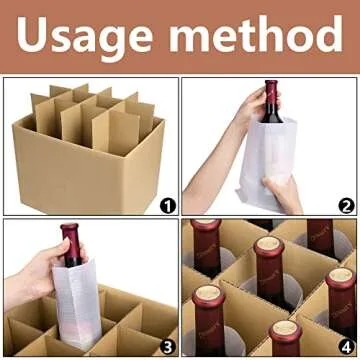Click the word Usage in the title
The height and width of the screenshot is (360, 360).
point(89,38)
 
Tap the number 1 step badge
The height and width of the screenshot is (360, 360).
point(167,205)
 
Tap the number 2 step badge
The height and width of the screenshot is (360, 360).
point(345,205)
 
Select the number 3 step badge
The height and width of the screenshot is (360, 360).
point(167,346)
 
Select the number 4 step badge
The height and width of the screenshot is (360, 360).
point(345,346)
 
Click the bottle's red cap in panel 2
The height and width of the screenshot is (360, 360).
point(271,88)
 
